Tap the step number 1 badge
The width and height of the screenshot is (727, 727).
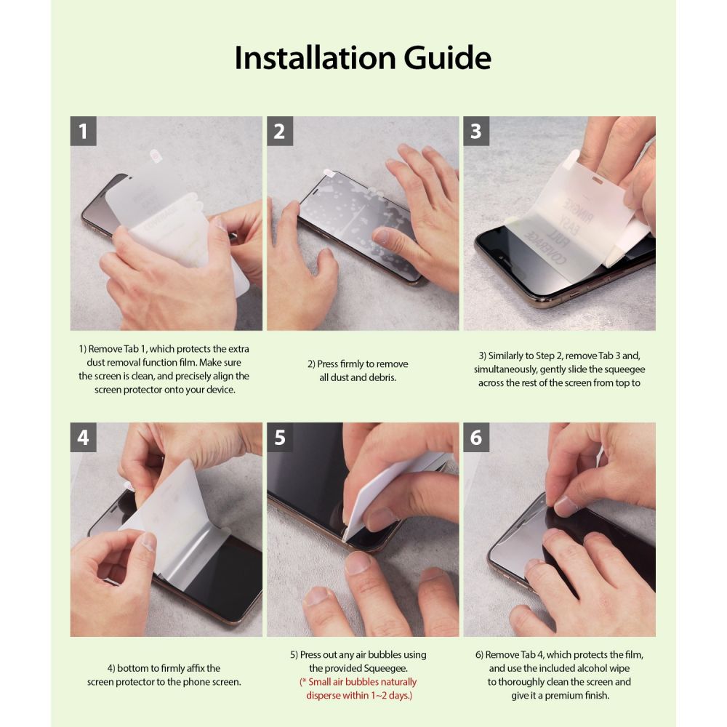(84, 131)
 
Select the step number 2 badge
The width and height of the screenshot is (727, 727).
(280, 131)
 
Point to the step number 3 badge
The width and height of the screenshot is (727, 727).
(476, 131)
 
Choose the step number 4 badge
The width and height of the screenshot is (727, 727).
(84, 437)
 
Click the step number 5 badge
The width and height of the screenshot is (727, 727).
(280, 437)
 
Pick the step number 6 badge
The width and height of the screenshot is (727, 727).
(476, 437)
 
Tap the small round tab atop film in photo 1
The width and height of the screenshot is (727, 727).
(155, 155)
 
